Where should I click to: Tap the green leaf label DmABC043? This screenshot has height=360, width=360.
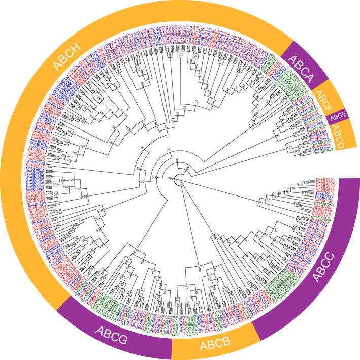(323, 151)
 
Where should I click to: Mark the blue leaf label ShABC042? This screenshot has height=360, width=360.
(322, 147)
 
